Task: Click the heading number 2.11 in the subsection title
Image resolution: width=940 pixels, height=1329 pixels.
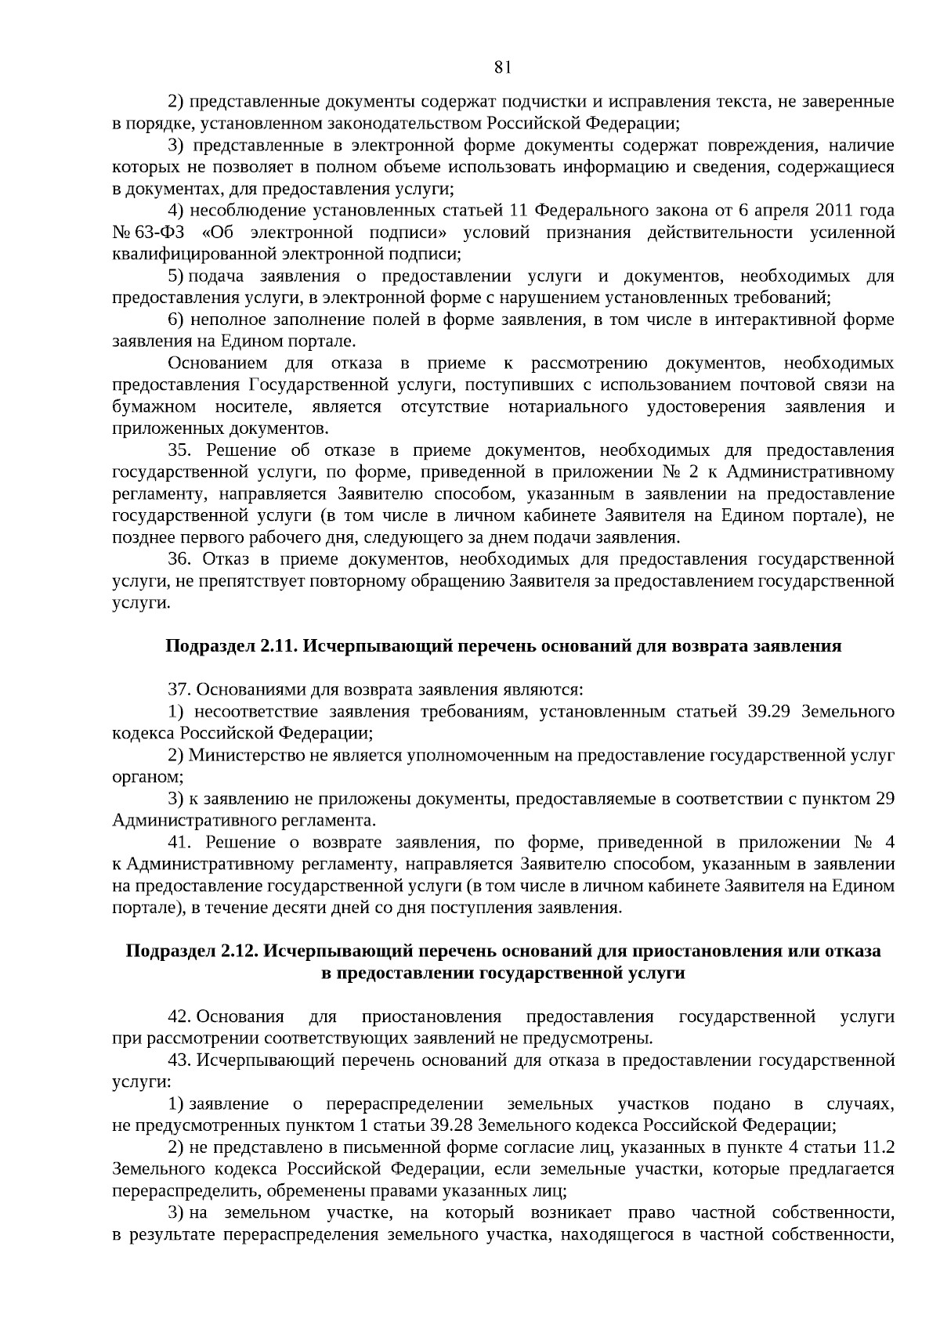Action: pos(279,646)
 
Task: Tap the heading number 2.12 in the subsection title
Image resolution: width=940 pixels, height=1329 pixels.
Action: pos(240,951)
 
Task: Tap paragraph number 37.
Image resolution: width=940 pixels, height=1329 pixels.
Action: pos(179,690)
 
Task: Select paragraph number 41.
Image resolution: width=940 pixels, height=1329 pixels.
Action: pos(179,843)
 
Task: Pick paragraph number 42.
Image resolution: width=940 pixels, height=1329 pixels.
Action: pos(179,1017)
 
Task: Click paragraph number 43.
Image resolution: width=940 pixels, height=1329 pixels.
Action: pos(179,1060)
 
